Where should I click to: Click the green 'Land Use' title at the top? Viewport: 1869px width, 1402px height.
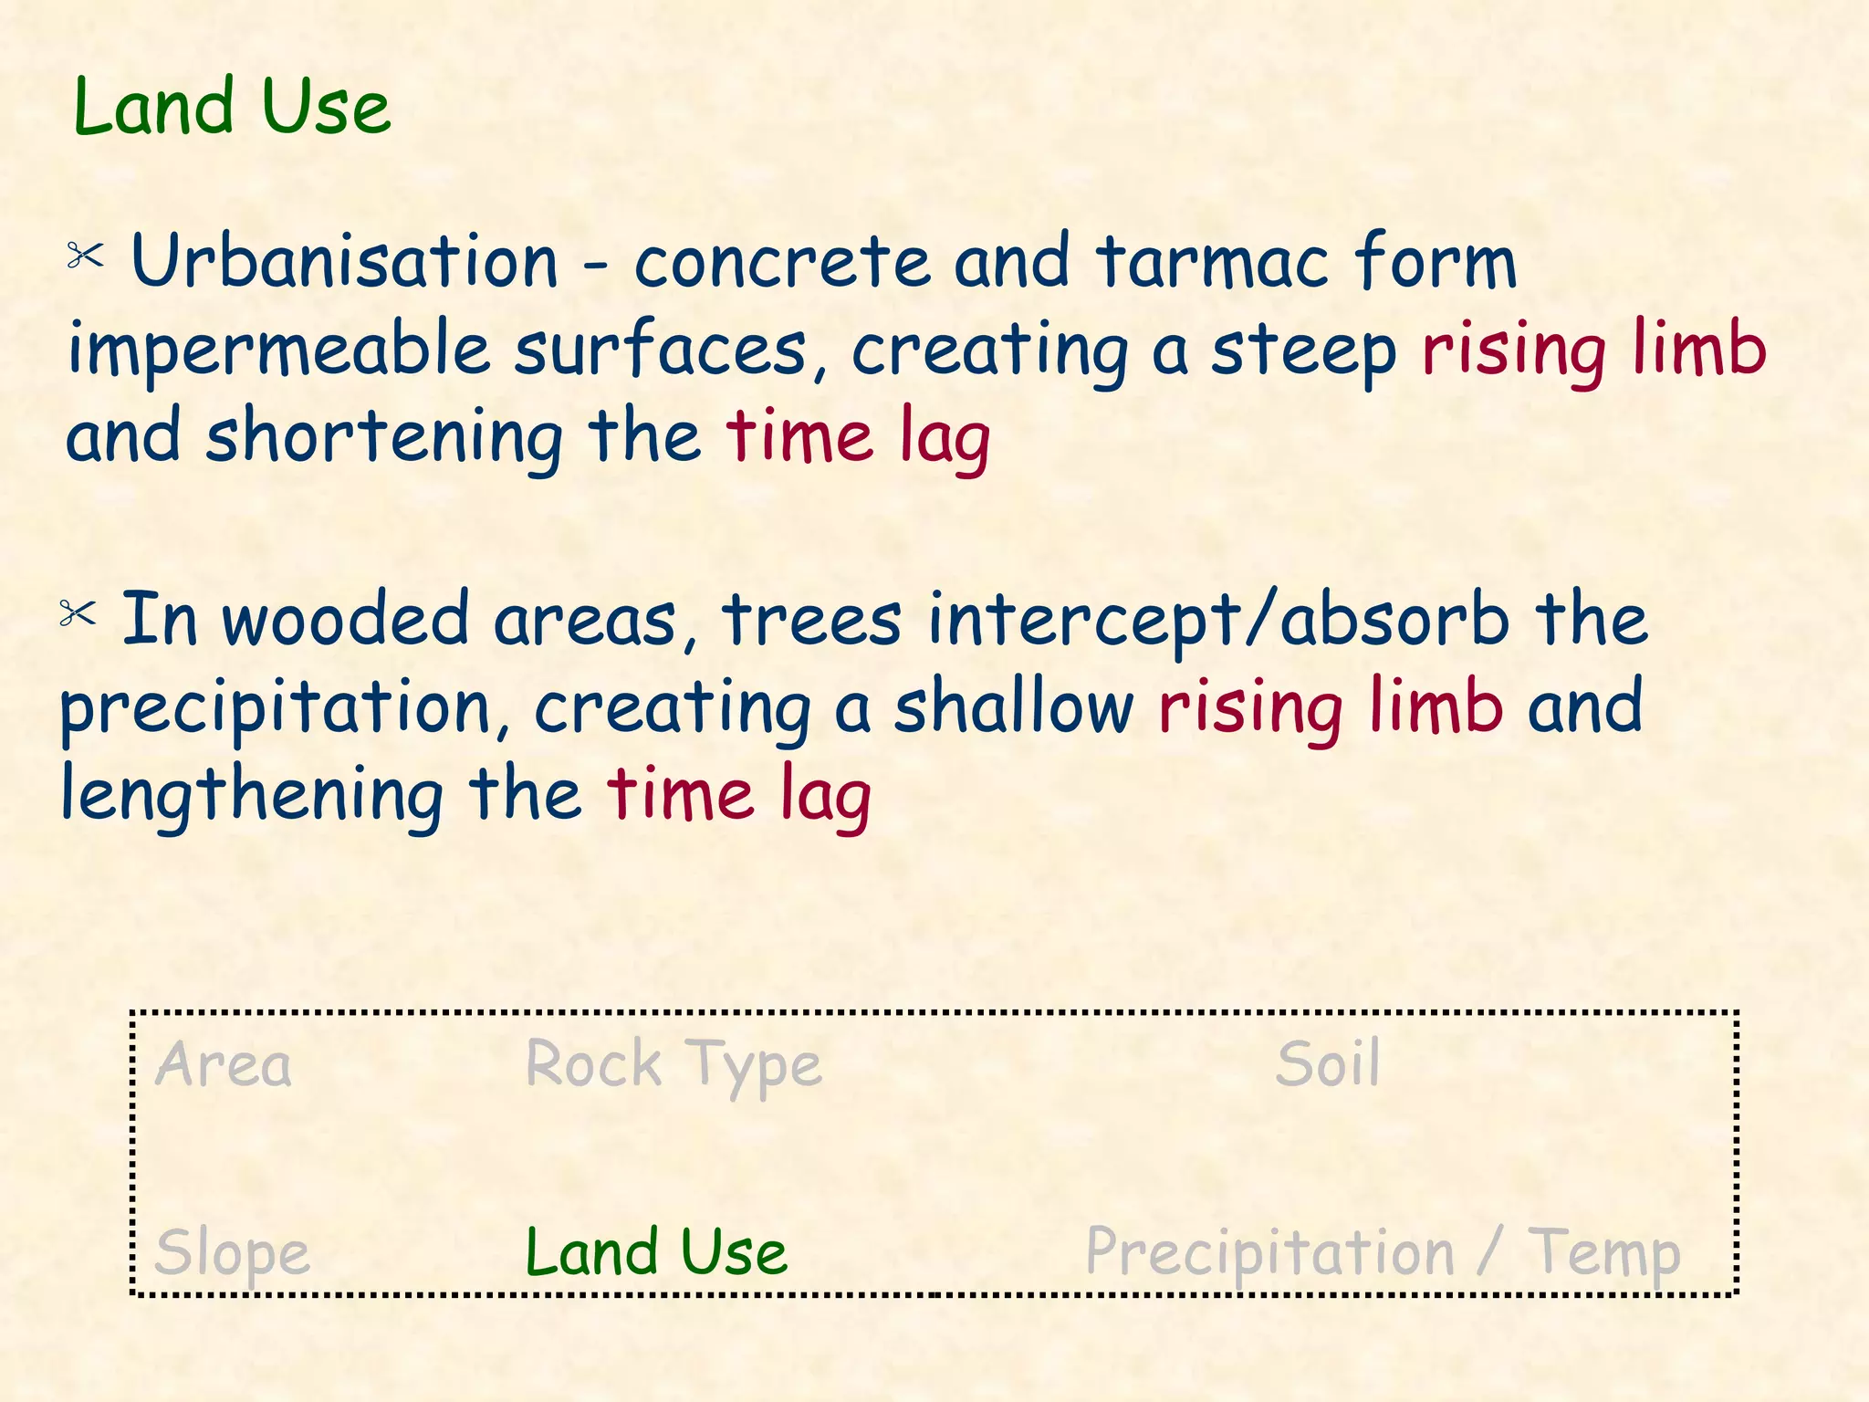point(232,108)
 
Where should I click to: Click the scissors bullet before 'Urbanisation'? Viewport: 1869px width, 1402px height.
point(86,256)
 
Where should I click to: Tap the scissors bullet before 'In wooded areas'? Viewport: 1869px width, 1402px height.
point(78,613)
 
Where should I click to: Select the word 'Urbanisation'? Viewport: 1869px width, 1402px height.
point(344,262)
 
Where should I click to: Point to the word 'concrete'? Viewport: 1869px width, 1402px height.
point(782,262)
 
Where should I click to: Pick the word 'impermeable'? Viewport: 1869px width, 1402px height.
point(279,350)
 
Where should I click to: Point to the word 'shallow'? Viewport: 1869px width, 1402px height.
point(1013,706)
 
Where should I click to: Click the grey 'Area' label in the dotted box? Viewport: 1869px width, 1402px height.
point(224,1065)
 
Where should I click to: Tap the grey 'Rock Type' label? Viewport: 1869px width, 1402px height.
point(673,1065)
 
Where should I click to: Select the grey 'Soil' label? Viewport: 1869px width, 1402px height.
point(1327,1064)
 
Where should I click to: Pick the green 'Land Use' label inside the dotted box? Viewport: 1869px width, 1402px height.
point(655,1252)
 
